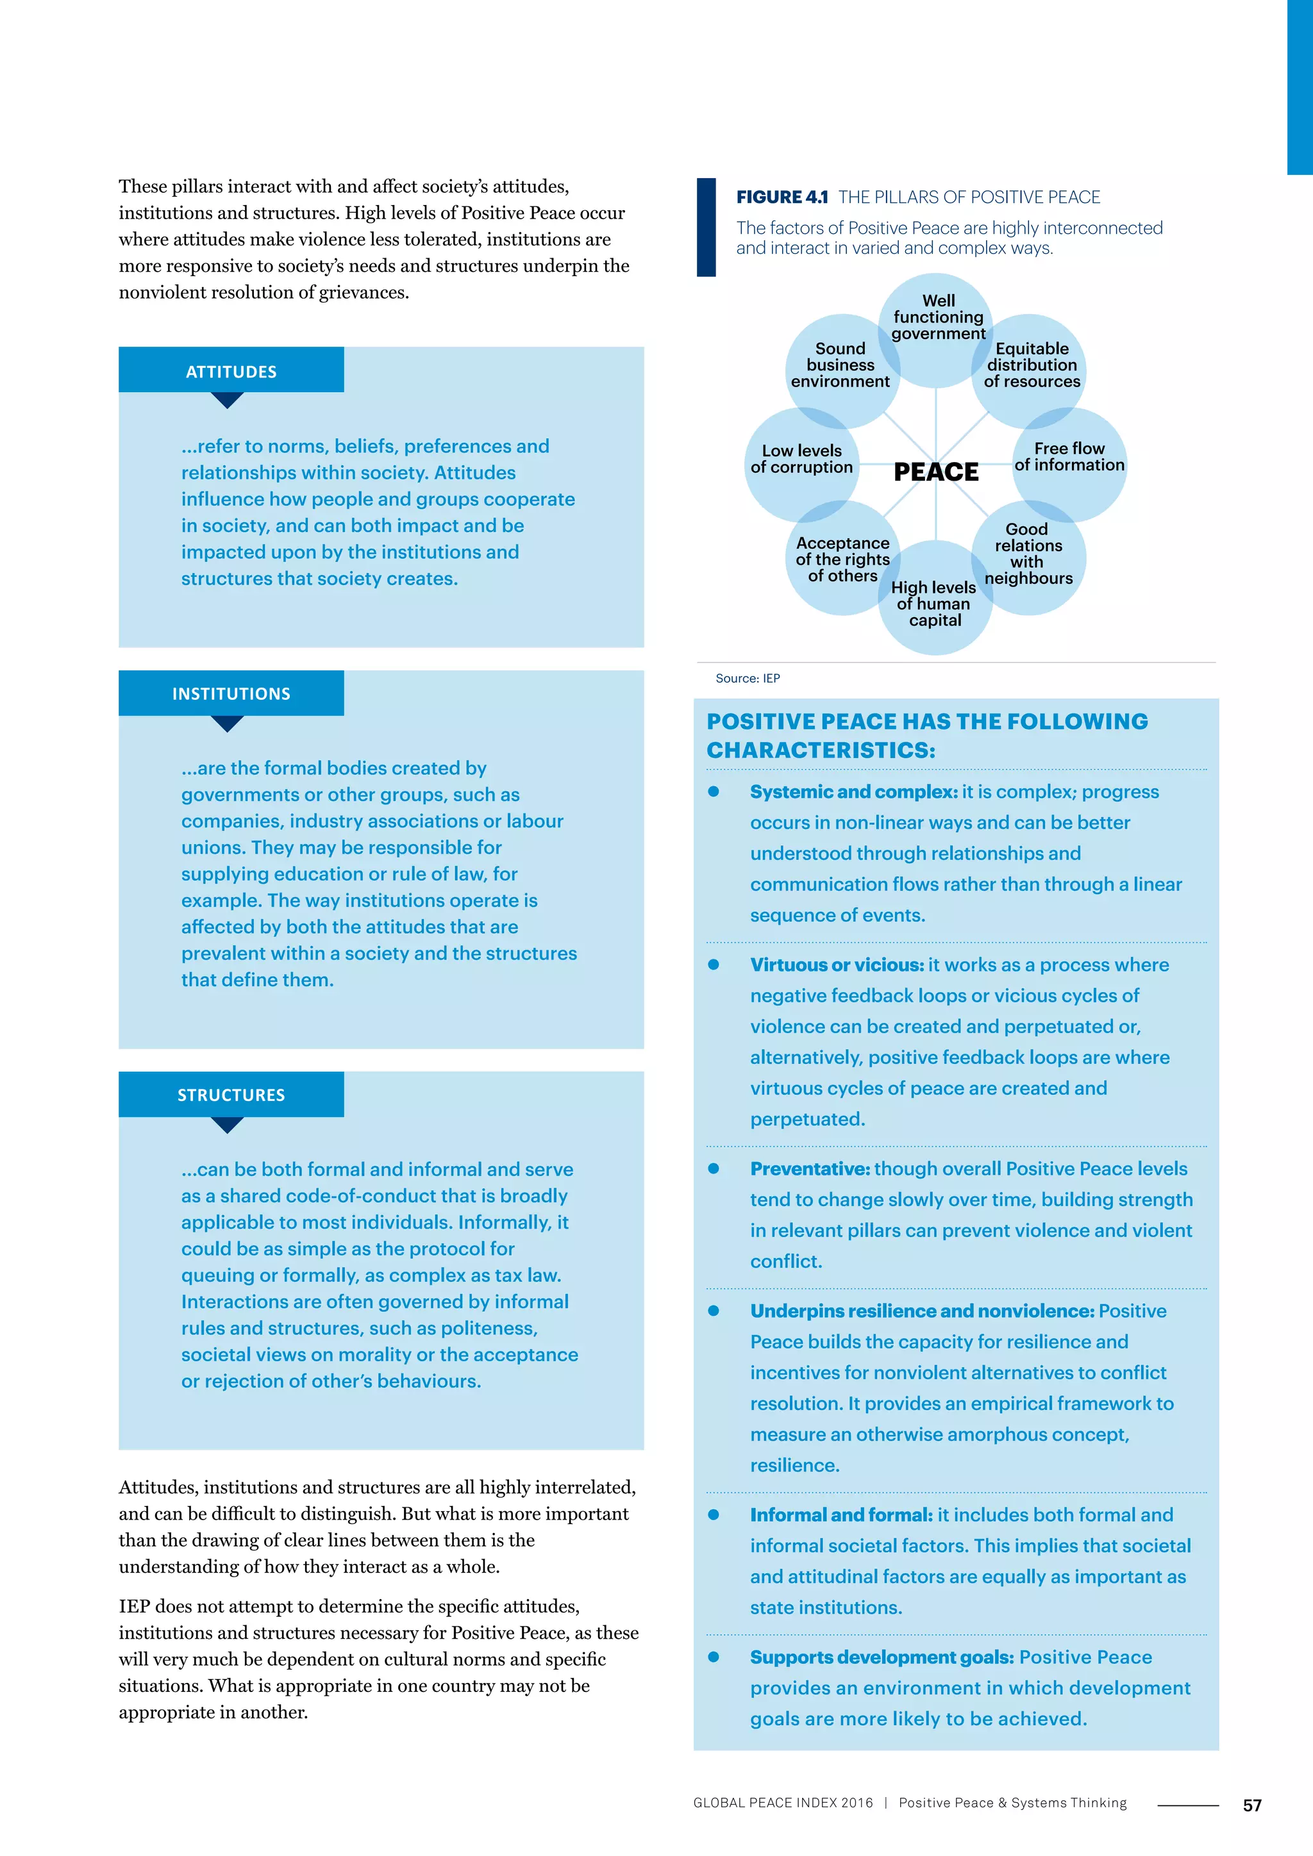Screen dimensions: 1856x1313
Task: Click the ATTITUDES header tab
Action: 231,371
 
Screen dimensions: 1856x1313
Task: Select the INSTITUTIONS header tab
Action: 231,693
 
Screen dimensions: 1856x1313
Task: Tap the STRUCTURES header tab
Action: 231,1095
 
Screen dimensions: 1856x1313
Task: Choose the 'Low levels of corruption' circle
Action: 801,460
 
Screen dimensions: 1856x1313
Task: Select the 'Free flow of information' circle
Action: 1069,458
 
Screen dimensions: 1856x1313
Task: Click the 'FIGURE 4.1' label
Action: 782,197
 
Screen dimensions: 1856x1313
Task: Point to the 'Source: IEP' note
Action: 748,678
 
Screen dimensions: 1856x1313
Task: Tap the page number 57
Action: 1251,1805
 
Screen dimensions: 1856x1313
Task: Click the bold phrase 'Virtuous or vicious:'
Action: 837,965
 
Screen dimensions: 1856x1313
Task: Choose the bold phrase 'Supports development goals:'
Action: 882,1657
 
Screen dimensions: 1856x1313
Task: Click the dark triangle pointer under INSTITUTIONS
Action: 227,724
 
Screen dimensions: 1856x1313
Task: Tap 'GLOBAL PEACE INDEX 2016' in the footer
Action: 783,1803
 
